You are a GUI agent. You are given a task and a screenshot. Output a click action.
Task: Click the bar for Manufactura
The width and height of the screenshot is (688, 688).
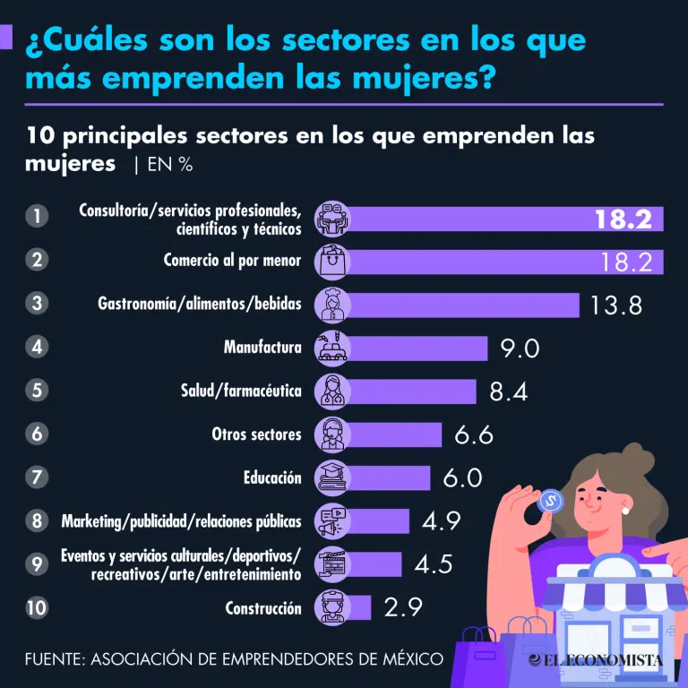(417, 348)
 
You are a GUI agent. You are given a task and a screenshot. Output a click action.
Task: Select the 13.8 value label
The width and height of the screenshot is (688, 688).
(616, 305)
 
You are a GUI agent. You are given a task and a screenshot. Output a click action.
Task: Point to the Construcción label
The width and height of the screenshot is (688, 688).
(263, 608)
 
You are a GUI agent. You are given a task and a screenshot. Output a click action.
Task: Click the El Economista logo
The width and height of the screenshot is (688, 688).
(596, 659)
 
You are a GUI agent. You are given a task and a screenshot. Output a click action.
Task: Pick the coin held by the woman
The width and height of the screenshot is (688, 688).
(549, 500)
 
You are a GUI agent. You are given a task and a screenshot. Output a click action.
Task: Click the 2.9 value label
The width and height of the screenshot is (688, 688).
(404, 607)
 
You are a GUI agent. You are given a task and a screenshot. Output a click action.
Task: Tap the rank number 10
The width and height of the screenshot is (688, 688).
(37, 607)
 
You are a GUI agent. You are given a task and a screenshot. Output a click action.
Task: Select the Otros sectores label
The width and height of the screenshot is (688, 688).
(256, 434)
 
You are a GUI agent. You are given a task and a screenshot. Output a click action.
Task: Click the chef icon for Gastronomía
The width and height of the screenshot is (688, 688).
(333, 305)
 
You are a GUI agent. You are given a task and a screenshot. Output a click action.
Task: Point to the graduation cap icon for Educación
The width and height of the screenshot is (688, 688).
(332, 477)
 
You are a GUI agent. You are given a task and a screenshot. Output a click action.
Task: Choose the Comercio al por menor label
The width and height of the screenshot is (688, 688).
(233, 261)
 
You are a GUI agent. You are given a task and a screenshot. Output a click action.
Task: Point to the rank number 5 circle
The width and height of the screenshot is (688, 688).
(37, 391)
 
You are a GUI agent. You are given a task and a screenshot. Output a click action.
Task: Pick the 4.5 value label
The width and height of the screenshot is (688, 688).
(434, 564)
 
